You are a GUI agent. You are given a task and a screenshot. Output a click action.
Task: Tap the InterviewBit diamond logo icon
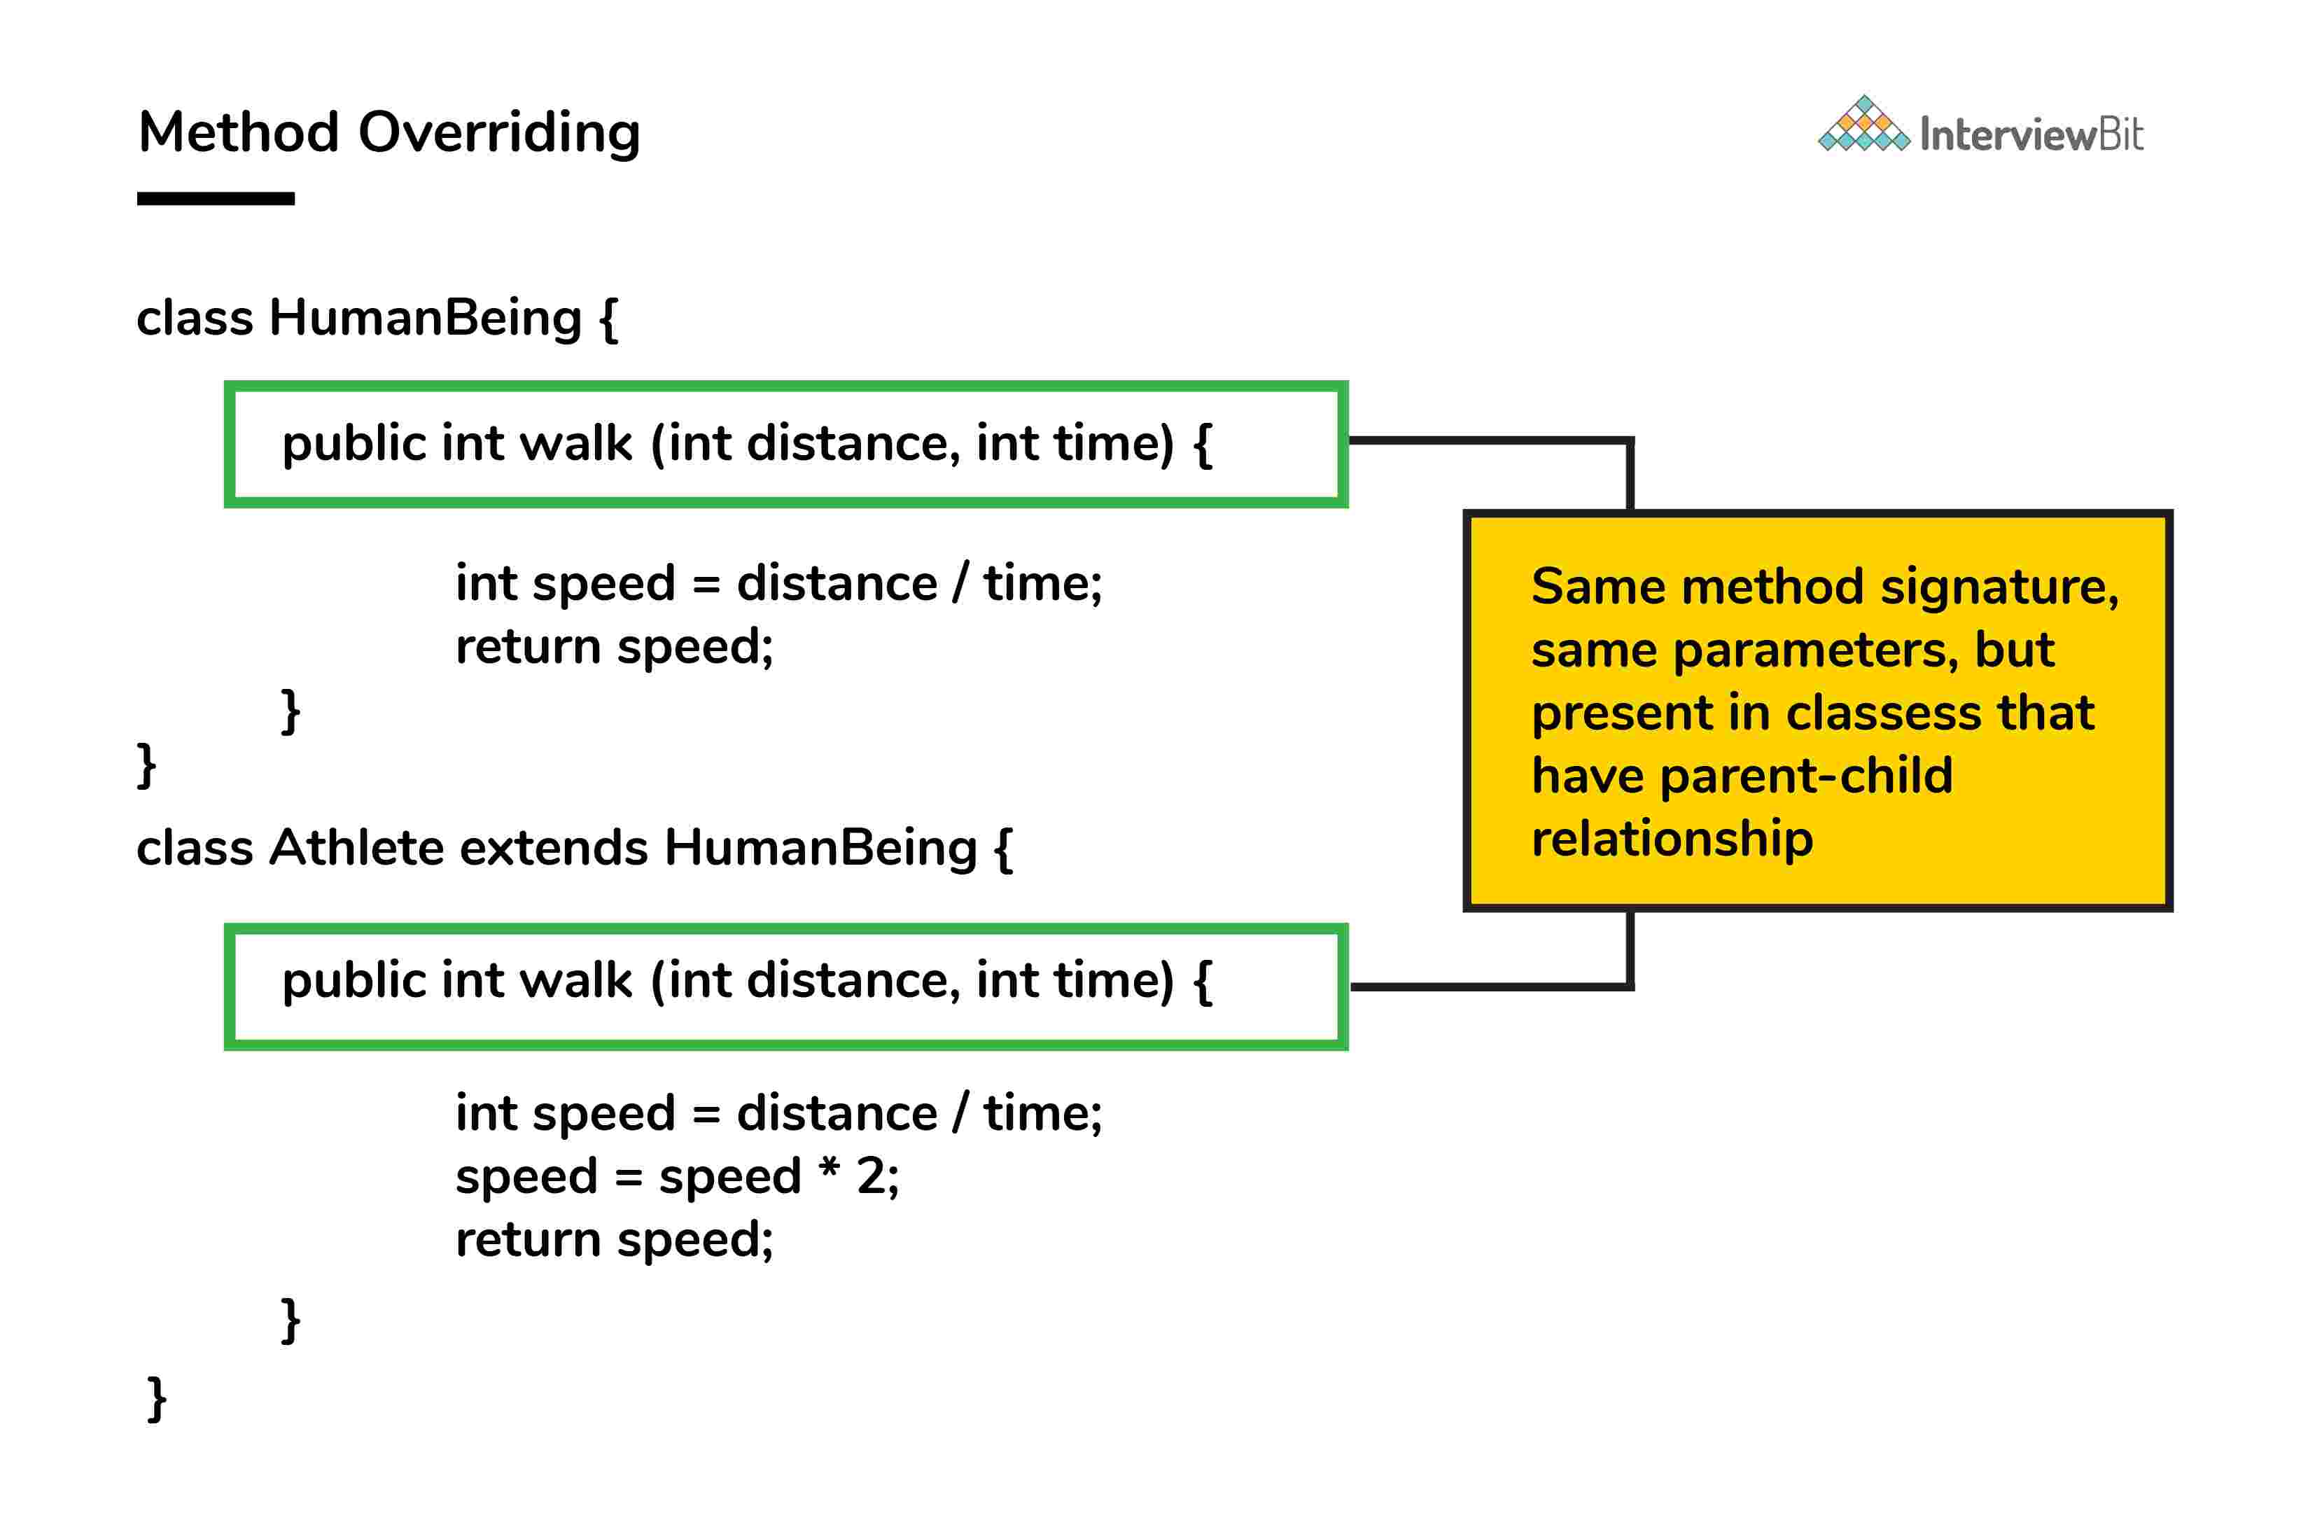coord(1863,125)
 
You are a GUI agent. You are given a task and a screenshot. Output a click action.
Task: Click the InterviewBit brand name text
coord(2031,134)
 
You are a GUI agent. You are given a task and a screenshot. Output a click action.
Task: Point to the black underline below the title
coord(216,199)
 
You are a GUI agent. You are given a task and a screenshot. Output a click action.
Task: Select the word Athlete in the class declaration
coord(357,847)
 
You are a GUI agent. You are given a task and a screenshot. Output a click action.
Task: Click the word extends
coord(553,847)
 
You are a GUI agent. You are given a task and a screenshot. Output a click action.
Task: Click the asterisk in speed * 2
coord(830,1168)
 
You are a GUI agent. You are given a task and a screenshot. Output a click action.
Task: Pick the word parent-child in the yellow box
coord(1806,776)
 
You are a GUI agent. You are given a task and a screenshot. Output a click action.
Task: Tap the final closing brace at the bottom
coord(156,1398)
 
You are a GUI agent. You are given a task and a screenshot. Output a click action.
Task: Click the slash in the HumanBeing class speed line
coord(961,583)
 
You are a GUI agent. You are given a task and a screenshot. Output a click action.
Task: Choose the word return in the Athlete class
coord(528,1239)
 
